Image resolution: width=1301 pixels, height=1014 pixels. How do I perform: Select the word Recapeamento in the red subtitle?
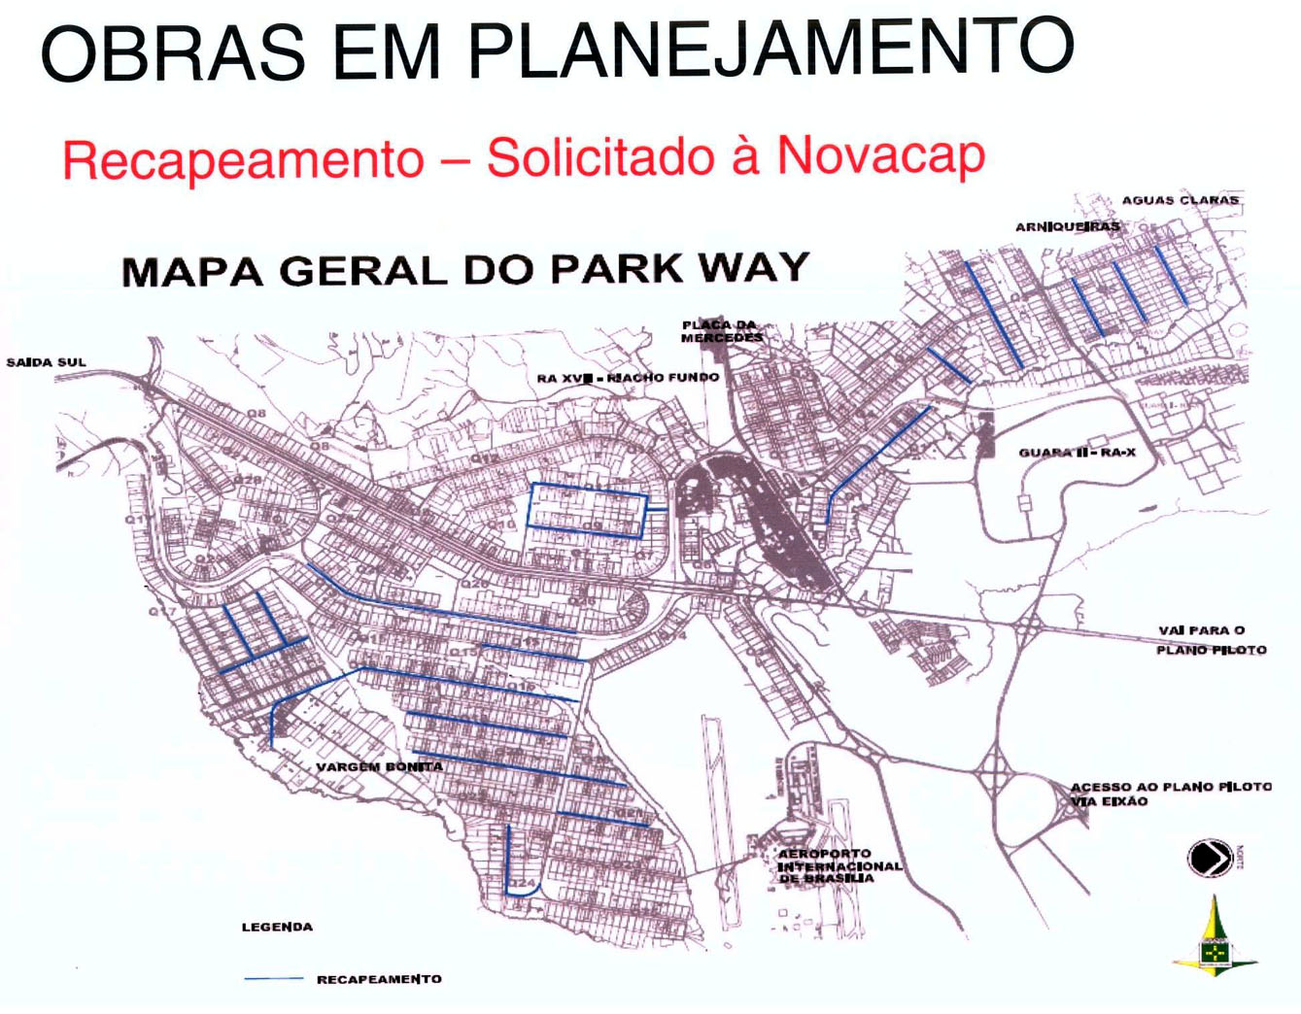(x=243, y=160)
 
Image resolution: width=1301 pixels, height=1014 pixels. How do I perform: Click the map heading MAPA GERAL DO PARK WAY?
(x=465, y=269)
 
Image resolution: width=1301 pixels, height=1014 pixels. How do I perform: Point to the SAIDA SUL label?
(x=47, y=362)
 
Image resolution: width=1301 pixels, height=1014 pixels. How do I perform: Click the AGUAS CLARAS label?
(x=1180, y=200)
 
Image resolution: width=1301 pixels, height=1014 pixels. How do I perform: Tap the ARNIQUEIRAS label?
(x=1067, y=226)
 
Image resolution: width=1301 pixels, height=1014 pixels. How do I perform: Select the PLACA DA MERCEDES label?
(x=721, y=331)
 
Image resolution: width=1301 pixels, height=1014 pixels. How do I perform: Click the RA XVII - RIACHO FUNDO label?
(x=628, y=377)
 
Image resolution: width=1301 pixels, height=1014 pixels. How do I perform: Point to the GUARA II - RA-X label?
(x=1077, y=453)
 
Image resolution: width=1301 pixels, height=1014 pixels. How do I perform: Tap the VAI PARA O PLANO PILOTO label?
(x=1211, y=640)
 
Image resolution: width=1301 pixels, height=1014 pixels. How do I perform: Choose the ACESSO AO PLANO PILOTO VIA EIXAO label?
(x=1170, y=794)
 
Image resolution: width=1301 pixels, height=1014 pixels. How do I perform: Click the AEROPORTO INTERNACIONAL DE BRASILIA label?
(x=839, y=865)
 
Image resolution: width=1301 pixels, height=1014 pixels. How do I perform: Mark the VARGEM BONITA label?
(x=379, y=766)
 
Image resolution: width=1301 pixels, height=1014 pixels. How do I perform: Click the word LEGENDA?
(x=277, y=927)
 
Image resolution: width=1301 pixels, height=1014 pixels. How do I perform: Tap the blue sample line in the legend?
(x=273, y=979)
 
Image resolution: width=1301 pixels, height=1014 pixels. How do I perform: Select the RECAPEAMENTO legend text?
(x=379, y=979)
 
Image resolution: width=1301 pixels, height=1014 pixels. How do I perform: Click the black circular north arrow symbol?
(x=1209, y=858)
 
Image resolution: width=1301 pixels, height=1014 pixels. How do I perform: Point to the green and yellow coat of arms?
(x=1214, y=942)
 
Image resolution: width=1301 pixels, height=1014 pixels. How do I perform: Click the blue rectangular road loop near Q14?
(x=587, y=510)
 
